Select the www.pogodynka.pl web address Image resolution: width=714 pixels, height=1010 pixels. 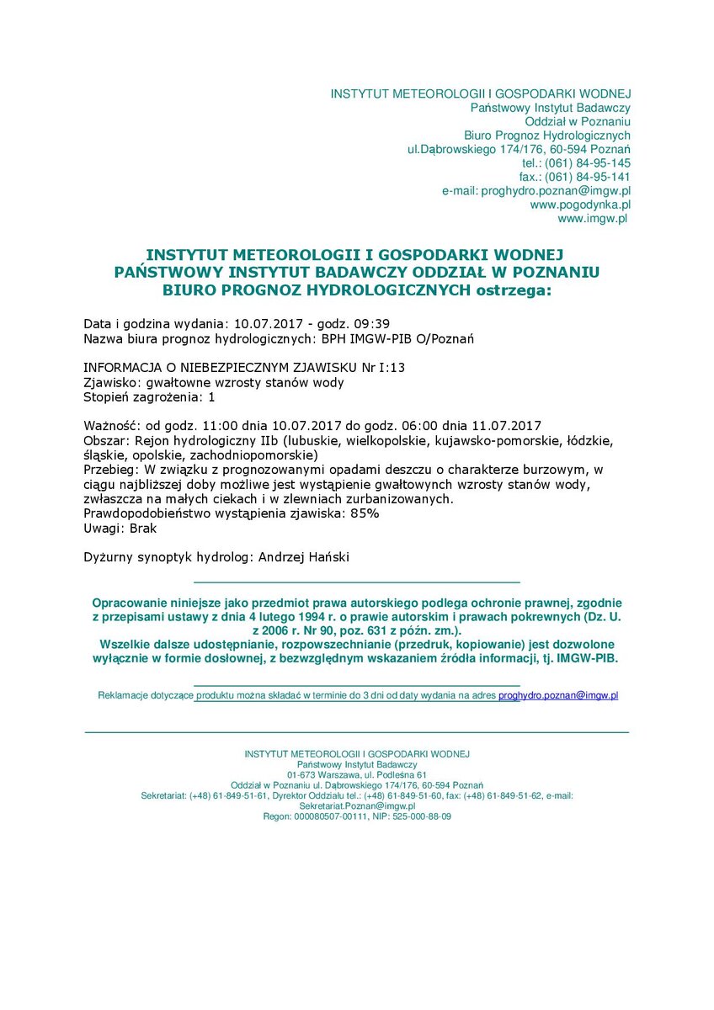[x=580, y=205]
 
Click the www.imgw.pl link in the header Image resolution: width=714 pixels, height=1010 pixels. [x=593, y=218]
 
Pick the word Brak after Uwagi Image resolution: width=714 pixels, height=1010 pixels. [x=142, y=529]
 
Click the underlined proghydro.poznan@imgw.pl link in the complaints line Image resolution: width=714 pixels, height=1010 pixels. [x=558, y=695]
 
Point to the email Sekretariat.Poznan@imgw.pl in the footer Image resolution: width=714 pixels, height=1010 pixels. [x=357, y=805]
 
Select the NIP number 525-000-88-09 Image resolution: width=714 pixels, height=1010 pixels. [x=422, y=816]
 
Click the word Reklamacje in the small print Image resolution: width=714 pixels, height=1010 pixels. [x=124, y=695]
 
